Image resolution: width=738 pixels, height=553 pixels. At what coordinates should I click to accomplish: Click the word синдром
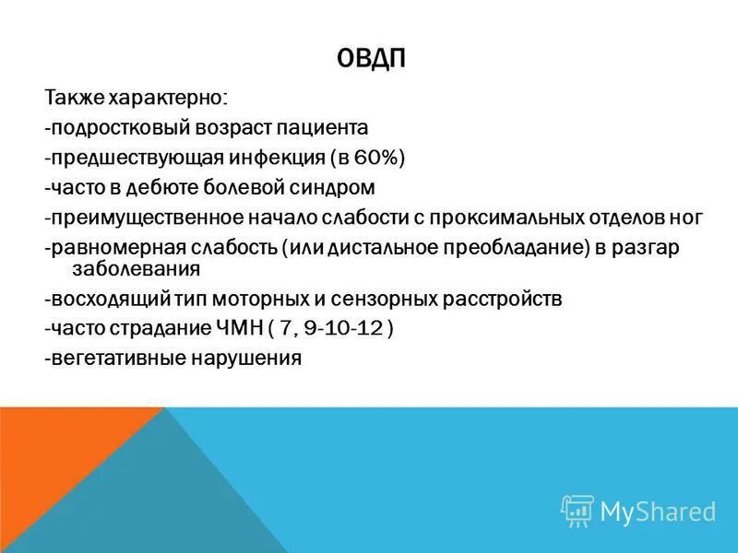coord(331,188)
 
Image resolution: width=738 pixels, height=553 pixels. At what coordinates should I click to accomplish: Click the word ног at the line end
coord(686,218)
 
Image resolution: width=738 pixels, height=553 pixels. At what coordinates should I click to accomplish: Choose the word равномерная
coord(109,249)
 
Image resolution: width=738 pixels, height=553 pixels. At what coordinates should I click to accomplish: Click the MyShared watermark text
coord(657,512)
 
